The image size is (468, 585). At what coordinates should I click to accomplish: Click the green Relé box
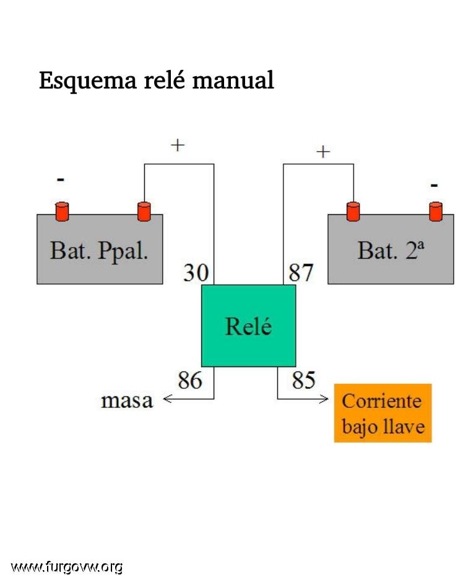tap(249, 326)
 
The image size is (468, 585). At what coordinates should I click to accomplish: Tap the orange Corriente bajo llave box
tap(383, 413)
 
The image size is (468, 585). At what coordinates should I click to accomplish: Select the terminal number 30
tap(196, 272)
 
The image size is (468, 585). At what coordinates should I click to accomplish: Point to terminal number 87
tap(301, 272)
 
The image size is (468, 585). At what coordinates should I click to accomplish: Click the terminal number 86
tap(190, 380)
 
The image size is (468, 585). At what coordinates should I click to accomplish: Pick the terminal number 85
tap(304, 380)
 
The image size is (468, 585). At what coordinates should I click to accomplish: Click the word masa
tap(127, 401)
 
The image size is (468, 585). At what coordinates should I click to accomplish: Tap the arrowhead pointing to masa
tap(167, 399)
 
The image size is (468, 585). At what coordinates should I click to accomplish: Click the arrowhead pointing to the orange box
tap(324, 399)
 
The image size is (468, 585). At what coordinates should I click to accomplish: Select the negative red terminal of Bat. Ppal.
tap(63, 212)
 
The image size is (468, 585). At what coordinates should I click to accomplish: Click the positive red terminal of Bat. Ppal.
tap(144, 212)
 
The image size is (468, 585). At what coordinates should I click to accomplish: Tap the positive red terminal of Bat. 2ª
tap(353, 212)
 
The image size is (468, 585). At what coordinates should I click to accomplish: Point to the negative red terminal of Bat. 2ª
tap(436, 212)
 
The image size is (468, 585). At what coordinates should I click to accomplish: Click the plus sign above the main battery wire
tap(178, 145)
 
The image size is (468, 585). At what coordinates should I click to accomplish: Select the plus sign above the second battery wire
tap(323, 152)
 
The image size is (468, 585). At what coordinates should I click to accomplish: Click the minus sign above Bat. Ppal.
tap(61, 180)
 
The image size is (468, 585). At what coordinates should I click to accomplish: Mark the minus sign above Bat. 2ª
tap(434, 185)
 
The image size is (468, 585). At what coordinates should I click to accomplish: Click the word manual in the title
tap(233, 80)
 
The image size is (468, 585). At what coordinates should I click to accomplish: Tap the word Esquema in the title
tap(88, 80)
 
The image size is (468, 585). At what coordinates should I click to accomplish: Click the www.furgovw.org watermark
tap(66, 567)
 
